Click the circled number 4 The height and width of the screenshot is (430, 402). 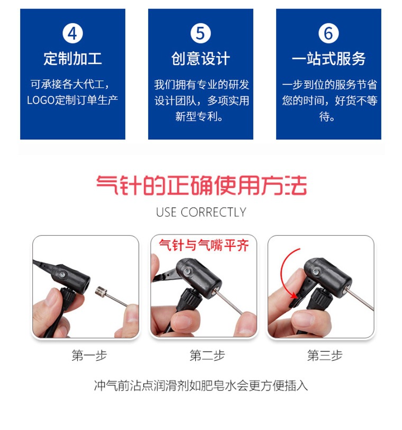point(72,34)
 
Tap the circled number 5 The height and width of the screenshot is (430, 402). point(200,34)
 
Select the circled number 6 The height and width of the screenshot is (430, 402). point(328,34)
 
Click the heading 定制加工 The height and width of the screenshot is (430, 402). point(72,58)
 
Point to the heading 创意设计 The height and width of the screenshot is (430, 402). point(200,58)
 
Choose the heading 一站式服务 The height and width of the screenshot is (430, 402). point(328,58)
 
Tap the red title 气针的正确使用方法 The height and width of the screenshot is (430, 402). point(201,186)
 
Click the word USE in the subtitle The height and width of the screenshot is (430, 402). point(167,212)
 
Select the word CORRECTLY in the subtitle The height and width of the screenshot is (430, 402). point(213,212)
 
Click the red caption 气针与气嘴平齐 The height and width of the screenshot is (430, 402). point(204,245)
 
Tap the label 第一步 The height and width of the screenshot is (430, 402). point(86,355)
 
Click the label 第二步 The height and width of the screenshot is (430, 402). point(204,355)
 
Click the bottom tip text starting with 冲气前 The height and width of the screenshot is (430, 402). point(201,385)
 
